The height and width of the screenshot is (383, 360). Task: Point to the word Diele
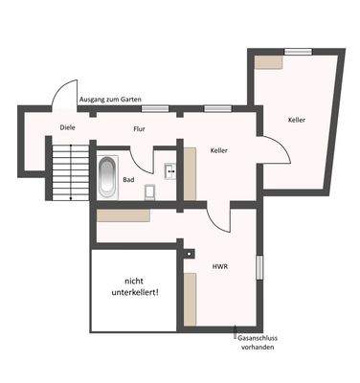point(67,126)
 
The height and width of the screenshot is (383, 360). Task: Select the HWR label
point(219,266)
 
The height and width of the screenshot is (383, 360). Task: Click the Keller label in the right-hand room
point(297,120)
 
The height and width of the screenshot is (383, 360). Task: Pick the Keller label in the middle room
point(219,150)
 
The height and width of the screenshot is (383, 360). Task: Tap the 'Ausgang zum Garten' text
point(116,99)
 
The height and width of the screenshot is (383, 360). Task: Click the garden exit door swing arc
point(64,93)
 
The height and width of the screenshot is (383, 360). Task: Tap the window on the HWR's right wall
point(259,268)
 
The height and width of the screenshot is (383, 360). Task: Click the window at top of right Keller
point(299,50)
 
